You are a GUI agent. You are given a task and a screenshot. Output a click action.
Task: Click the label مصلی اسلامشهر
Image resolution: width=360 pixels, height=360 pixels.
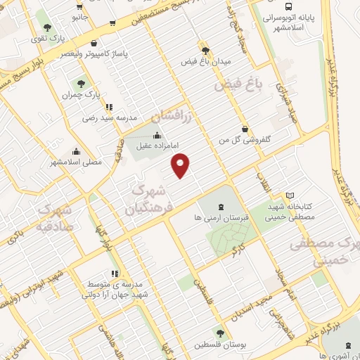pos(76,162)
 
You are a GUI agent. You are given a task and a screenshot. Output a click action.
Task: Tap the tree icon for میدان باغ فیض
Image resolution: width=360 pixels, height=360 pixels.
pos(205,51)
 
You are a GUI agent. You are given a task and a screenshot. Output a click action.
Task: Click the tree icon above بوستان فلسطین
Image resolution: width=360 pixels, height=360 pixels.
pos(221,333)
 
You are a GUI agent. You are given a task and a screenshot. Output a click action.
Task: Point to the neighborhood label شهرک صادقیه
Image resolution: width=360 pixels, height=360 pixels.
pos(55,218)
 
